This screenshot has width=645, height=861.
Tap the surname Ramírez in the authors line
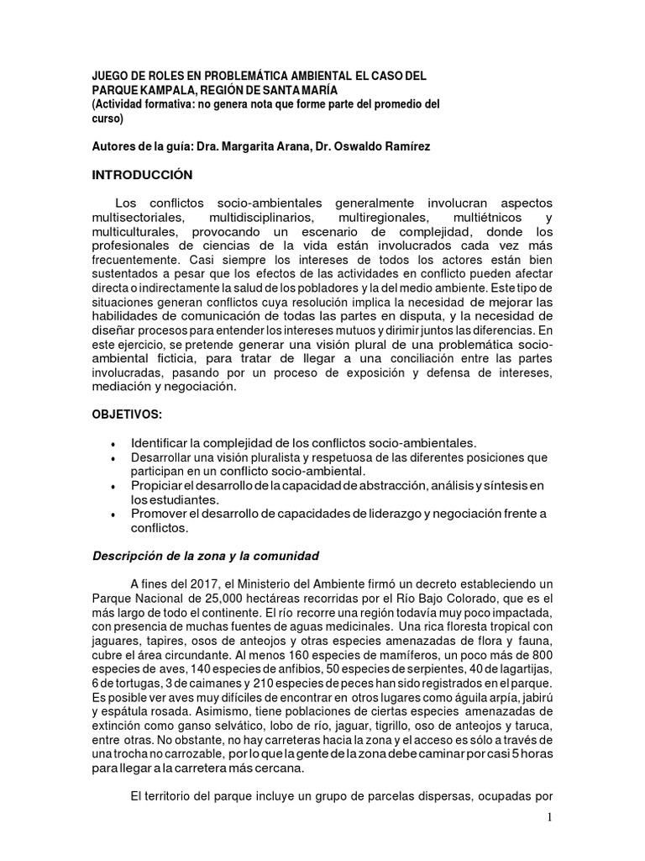(x=404, y=146)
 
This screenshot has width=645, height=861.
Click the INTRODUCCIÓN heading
(x=142, y=175)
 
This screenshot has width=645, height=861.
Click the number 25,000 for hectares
(x=226, y=599)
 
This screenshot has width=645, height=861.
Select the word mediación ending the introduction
(x=126, y=388)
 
